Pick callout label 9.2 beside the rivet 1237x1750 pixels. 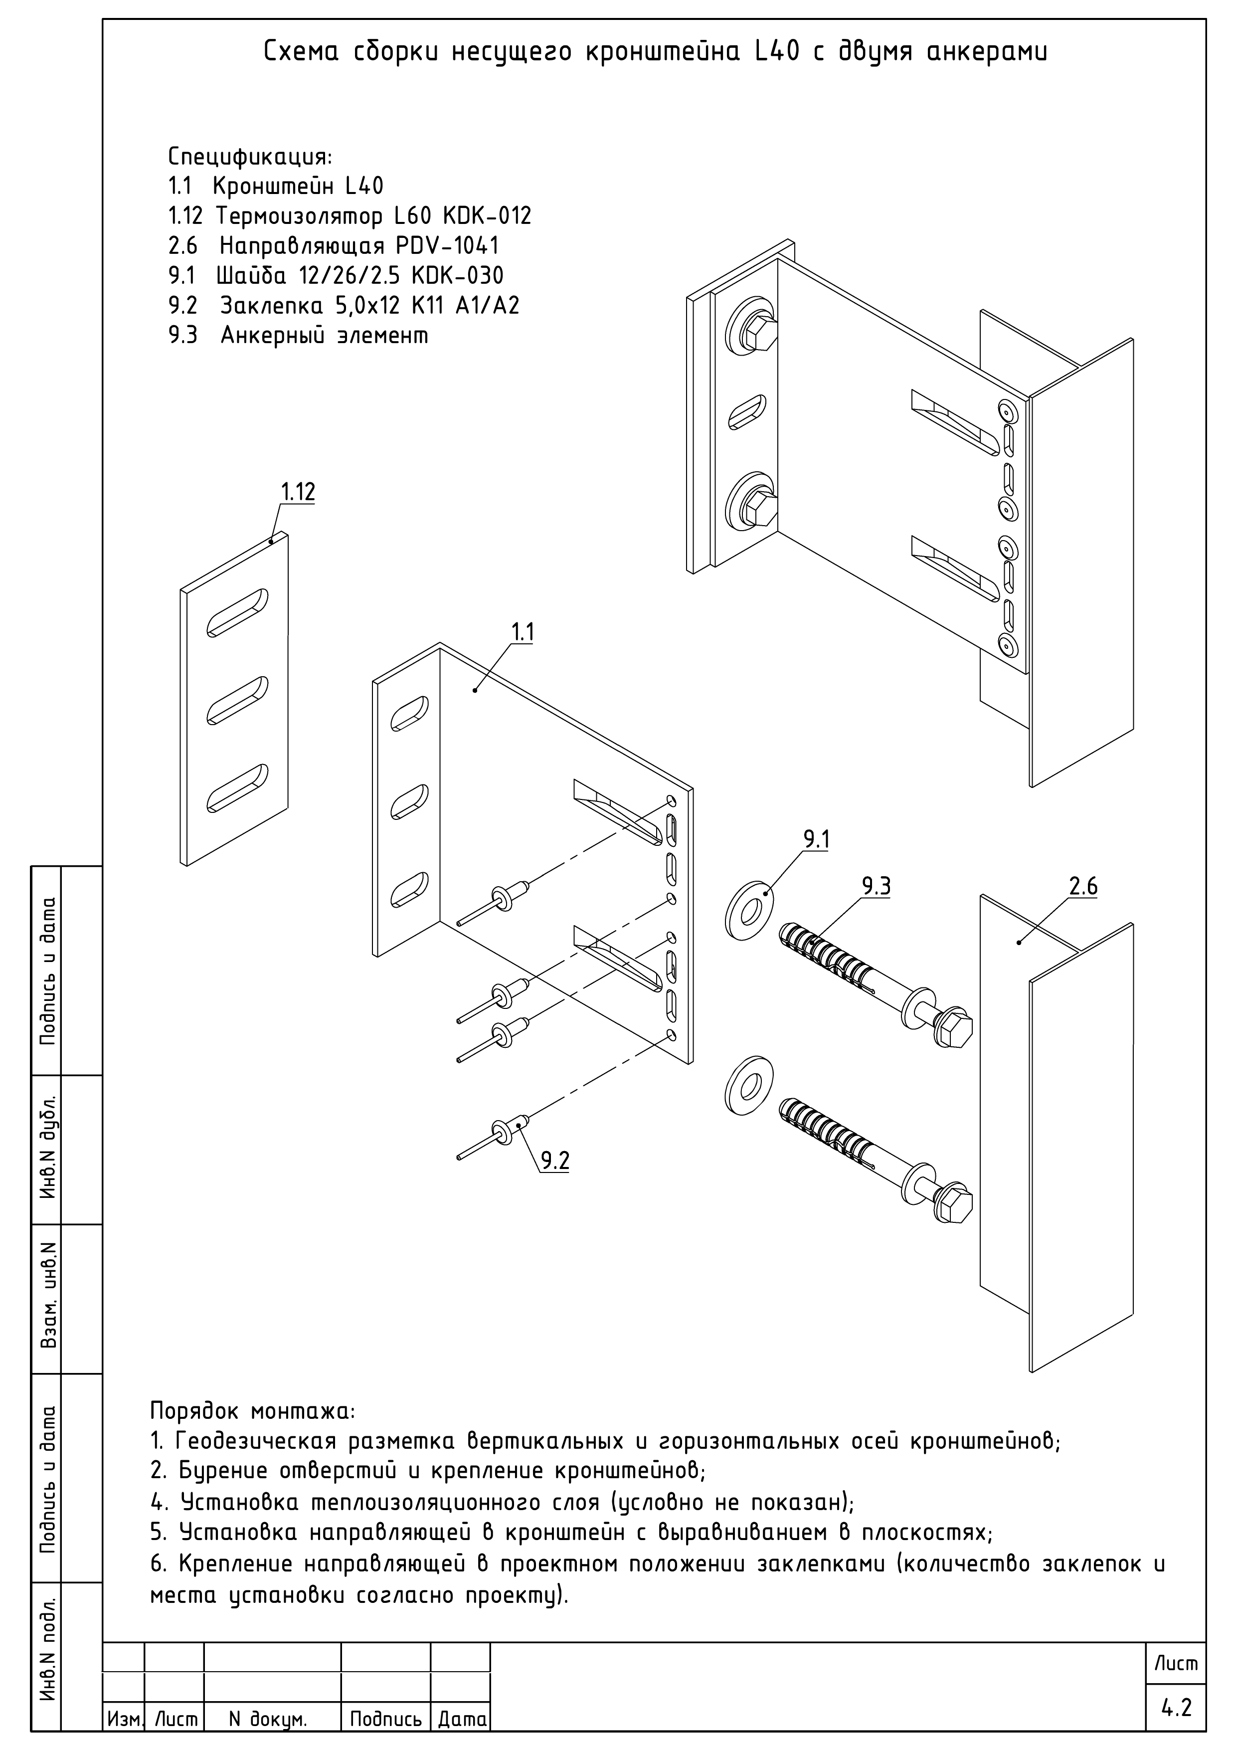click(x=555, y=1161)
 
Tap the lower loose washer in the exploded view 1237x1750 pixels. click(x=748, y=1085)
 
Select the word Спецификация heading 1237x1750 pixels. click(x=250, y=157)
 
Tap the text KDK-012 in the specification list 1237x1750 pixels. click(x=486, y=216)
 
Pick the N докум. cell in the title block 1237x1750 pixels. click(x=268, y=1719)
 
